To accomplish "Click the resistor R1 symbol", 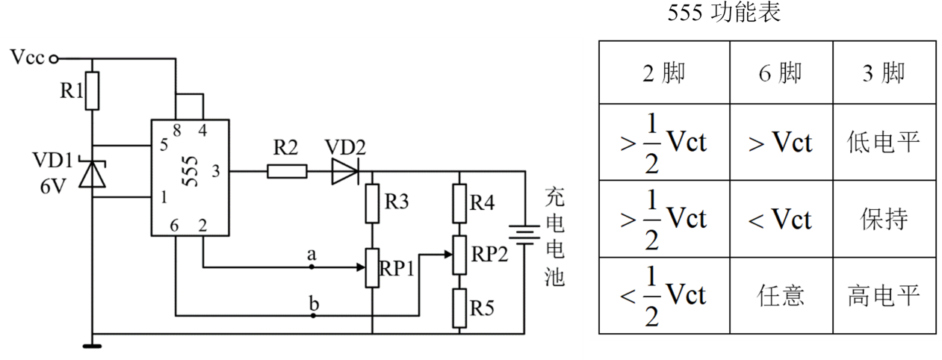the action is point(92,91).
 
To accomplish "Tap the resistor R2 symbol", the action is point(287,171).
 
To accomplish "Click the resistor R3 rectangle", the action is point(372,204).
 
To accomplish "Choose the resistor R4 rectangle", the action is point(459,204).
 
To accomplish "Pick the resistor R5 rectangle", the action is point(459,308).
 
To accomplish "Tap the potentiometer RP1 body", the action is point(372,268).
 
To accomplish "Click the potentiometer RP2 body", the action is point(459,255).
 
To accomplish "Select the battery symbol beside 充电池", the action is point(524,235).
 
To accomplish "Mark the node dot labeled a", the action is point(312,267).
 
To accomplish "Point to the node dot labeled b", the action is point(313,315).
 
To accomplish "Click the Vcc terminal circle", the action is point(54,59).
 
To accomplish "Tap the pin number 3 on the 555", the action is point(216,171).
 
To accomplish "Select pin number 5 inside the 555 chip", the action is point(164,145).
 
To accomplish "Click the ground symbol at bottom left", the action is point(92,346).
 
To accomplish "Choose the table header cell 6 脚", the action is point(781,72).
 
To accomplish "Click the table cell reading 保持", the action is point(884,219).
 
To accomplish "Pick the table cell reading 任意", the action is point(781,296).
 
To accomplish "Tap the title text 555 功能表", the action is point(724,12).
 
